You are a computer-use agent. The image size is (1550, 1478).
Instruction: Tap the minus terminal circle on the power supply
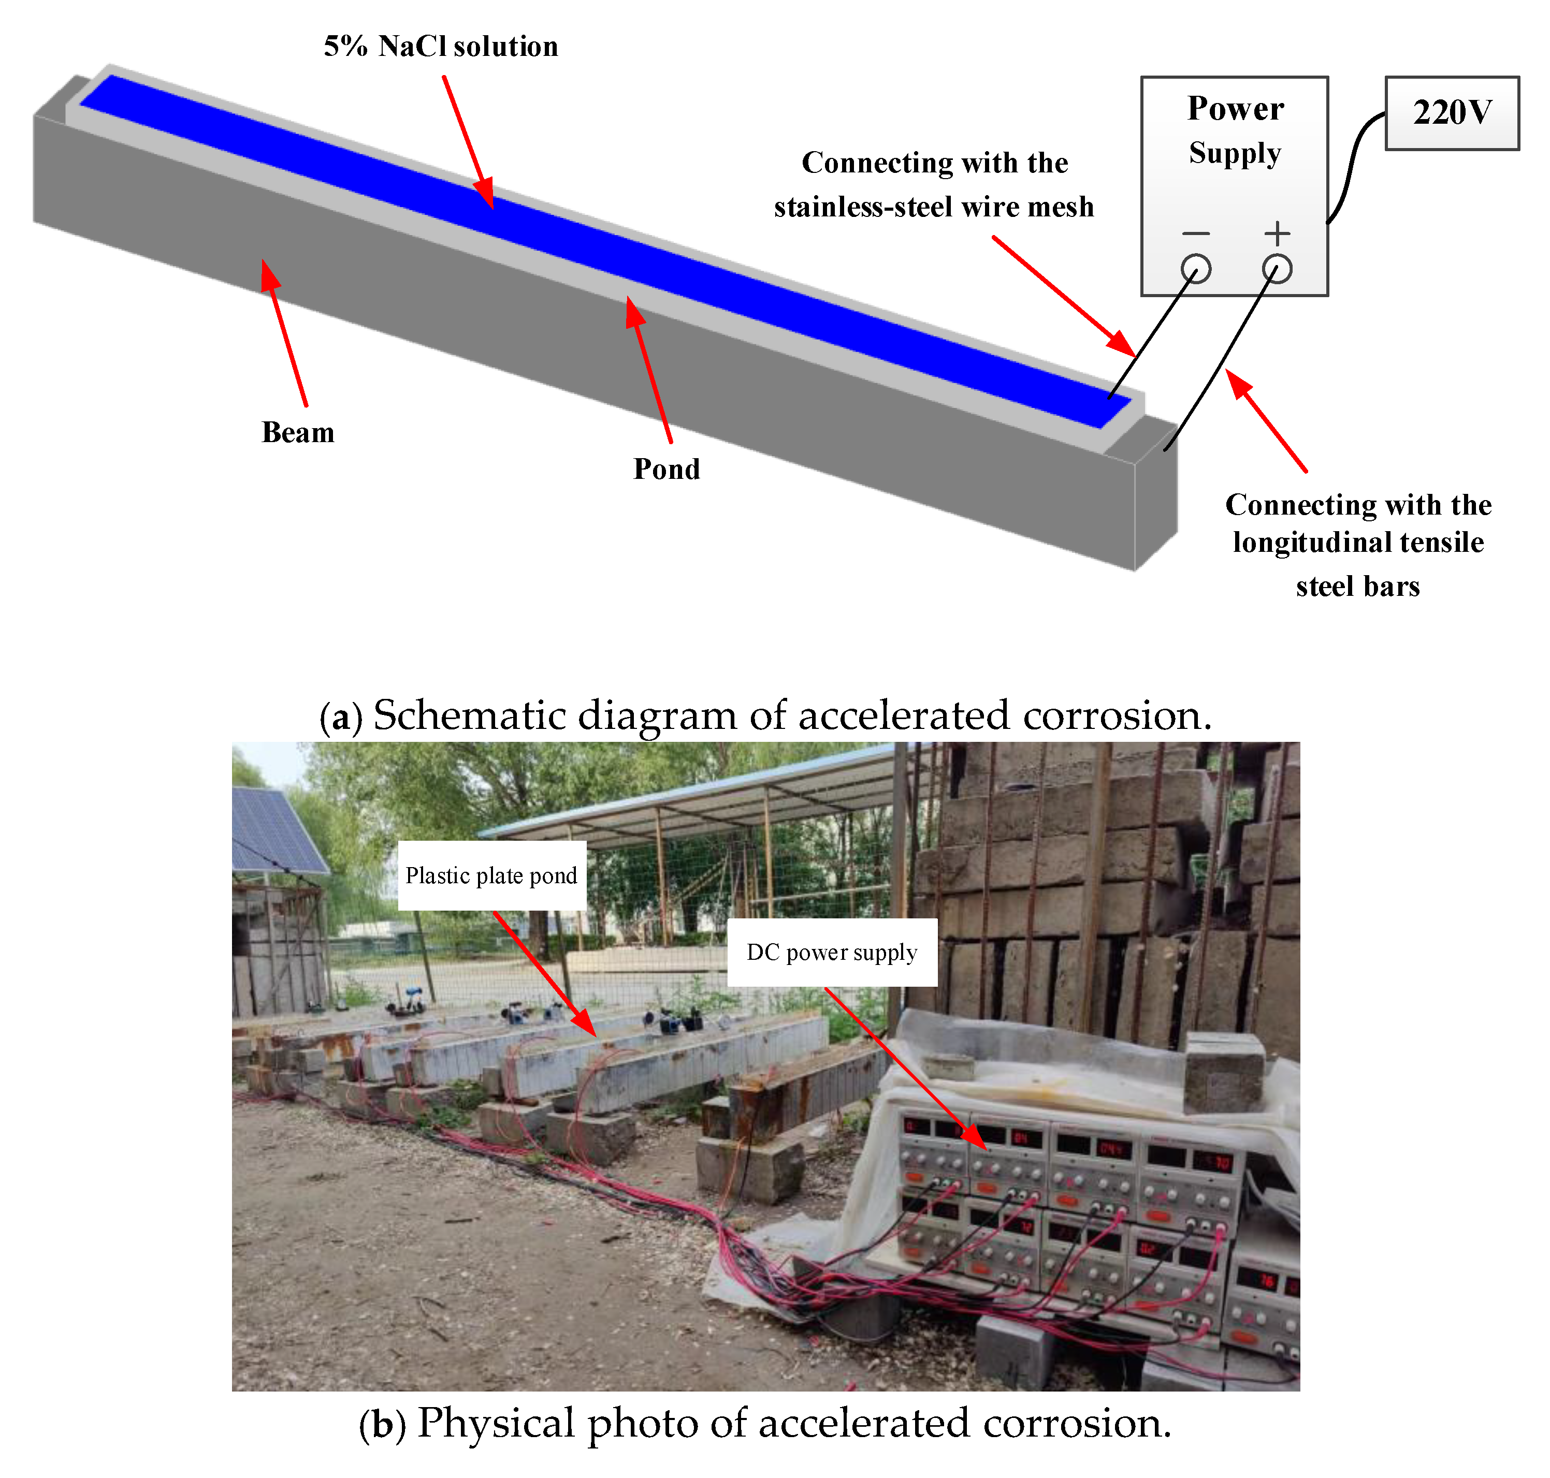click(1195, 269)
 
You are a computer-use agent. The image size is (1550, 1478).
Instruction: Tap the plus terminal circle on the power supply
click(1277, 269)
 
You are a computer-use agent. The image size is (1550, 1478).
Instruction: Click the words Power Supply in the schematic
click(1234, 130)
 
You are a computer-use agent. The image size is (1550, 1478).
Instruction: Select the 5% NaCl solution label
click(441, 47)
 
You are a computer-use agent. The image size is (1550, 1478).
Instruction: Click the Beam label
click(298, 432)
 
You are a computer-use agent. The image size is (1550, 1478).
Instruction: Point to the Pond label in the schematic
click(667, 469)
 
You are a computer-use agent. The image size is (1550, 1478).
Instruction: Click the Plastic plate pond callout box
click(491, 875)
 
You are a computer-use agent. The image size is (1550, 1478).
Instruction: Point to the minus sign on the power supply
click(1195, 233)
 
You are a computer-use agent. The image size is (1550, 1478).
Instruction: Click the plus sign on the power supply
click(1277, 233)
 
